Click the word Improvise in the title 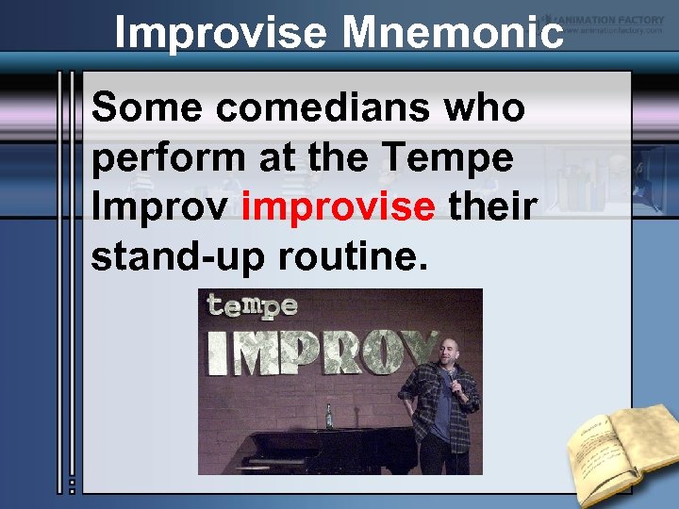pyautogui.click(x=222, y=34)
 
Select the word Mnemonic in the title pyautogui.click(x=453, y=34)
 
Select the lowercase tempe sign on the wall pyautogui.click(x=252, y=306)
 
